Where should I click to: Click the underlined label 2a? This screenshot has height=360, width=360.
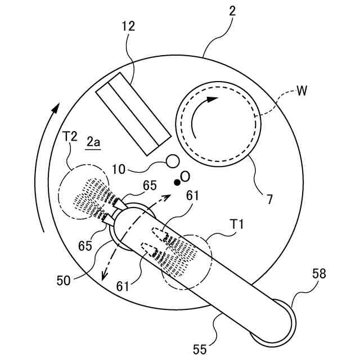coord(93,143)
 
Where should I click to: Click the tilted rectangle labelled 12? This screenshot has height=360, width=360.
coord(133,115)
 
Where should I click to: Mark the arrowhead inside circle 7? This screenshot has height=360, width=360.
coord(213,100)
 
